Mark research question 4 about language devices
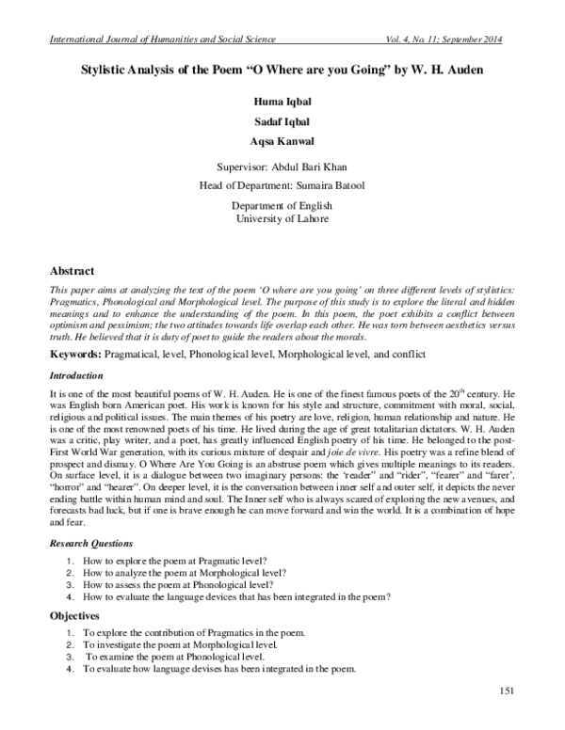tap(235, 595)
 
